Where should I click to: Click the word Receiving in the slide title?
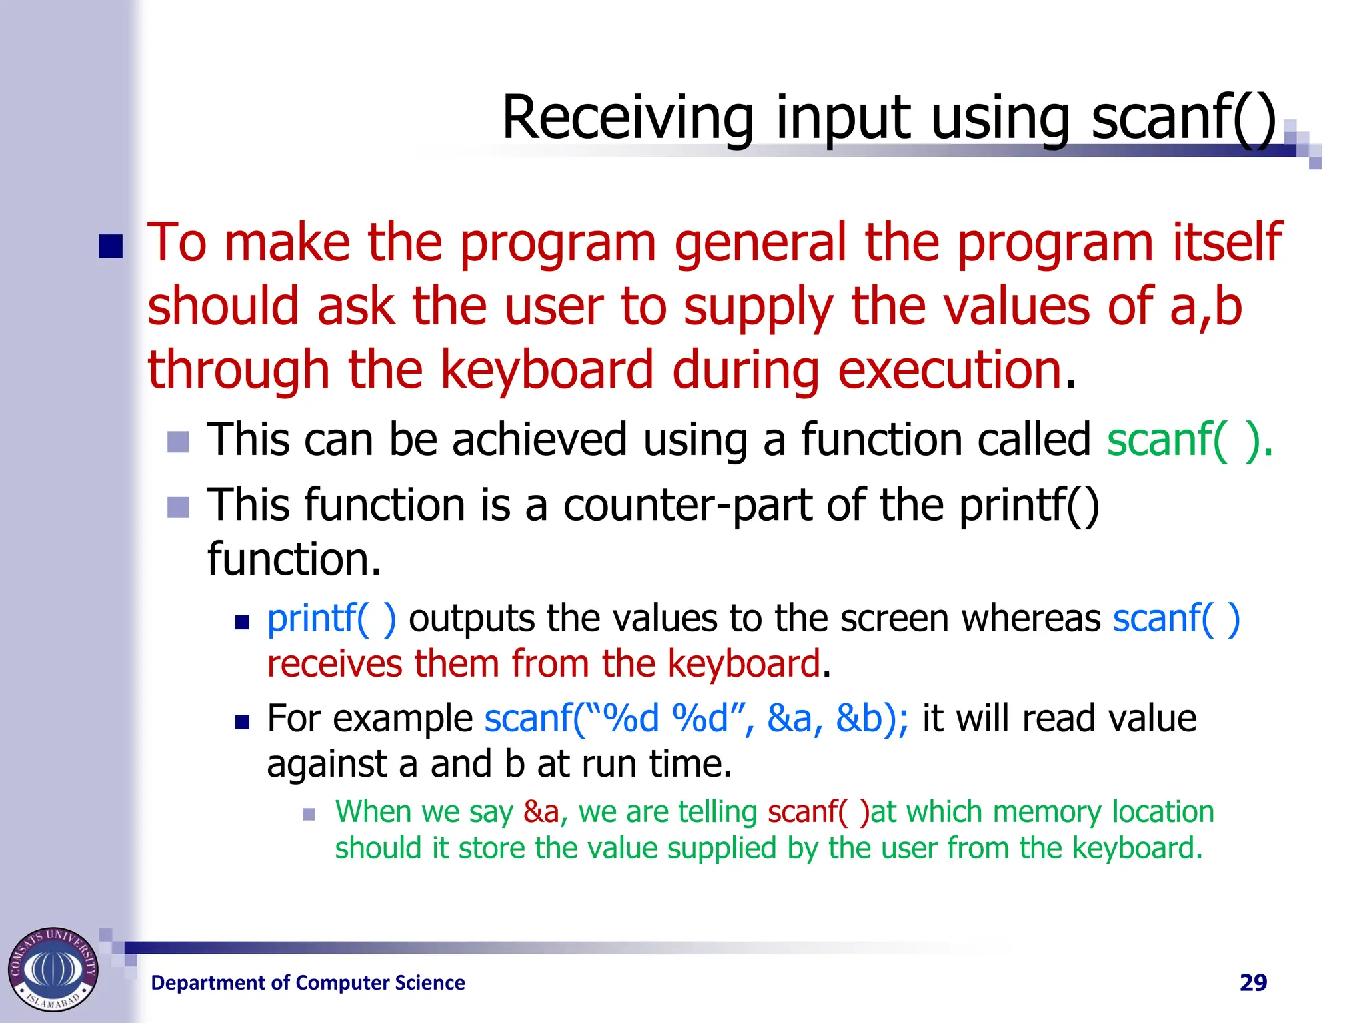[627, 118]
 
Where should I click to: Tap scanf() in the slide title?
[1184, 118]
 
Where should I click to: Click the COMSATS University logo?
[53, 969]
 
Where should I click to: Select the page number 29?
[1253, 982]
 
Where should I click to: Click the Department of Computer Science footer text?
[308, 982]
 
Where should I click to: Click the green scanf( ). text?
[1190, 440]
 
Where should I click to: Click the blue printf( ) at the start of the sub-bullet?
[331, 619]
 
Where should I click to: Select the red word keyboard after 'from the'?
[743, 664]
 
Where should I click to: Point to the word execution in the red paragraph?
[949, 370]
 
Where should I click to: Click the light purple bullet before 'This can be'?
[178, 442]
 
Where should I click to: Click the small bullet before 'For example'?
[241, 722]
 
